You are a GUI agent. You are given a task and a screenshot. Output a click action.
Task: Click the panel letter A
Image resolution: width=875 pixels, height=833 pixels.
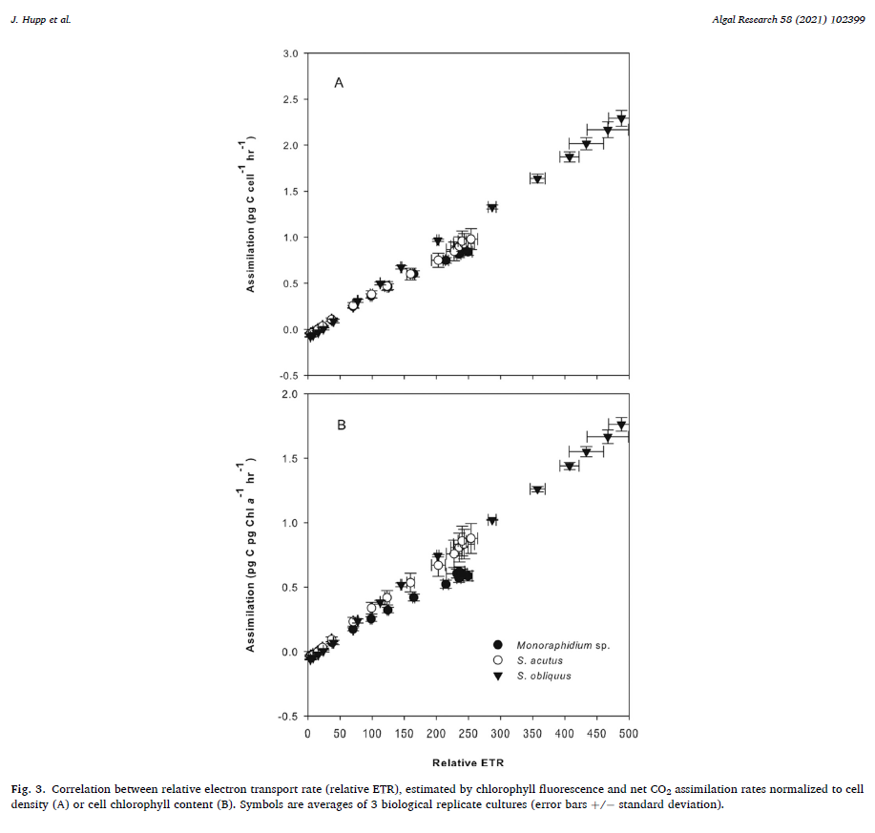(339, 84)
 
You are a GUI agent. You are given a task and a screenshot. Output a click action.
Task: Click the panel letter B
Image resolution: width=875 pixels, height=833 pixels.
(342, 425)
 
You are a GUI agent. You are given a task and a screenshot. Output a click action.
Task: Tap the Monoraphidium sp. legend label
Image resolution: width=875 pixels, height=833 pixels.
(562, 645)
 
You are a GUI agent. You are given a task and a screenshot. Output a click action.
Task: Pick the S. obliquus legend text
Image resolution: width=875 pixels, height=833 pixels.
(544, 676)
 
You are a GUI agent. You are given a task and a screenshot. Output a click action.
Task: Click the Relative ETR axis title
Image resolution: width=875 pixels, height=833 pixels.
(468, 762)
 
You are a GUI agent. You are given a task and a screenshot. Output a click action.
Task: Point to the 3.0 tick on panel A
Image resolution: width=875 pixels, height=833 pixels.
(291, 53)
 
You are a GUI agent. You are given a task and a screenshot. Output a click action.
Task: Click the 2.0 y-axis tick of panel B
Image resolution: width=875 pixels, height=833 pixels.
(291, 394)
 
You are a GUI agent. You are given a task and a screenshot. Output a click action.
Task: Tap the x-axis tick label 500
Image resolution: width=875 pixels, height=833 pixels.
(629, 733)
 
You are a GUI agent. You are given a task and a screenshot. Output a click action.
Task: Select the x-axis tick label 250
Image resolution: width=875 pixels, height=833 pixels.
(468, 733)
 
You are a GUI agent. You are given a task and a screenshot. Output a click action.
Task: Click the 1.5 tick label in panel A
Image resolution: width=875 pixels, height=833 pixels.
(291, 192)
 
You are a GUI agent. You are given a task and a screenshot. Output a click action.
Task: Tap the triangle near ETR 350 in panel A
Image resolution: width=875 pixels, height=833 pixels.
(537, 178)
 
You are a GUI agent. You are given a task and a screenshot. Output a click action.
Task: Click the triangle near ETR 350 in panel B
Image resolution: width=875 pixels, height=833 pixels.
(537, 489)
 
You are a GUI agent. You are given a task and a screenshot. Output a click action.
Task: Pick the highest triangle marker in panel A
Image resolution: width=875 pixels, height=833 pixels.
(621, 119)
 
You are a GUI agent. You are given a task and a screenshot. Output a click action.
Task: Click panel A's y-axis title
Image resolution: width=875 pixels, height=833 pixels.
(251, 214)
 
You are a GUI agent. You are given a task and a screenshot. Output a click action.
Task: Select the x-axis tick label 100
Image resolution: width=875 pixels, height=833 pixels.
(371, 733)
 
